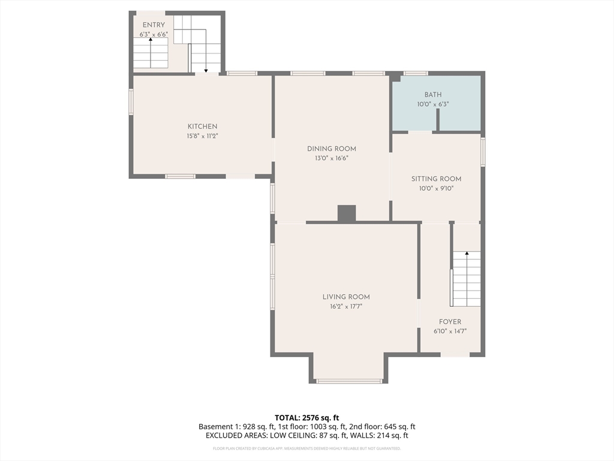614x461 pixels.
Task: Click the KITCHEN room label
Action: (x=202, y=126)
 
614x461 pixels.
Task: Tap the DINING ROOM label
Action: (x=331, y=149)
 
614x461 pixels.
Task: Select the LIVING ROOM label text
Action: (x=346, y=297)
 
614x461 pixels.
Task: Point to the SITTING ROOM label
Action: (x=437, y=179)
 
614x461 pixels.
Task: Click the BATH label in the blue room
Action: (x=433, y=94)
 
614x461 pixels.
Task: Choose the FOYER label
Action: (x=450, y=322)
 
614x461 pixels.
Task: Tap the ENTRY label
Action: (x=153, y=25)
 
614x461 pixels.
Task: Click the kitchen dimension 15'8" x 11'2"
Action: (x=202, y=136)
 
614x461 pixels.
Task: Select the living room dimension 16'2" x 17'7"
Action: (x=346, y=307)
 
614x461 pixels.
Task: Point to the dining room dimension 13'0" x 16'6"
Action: (x=331, y=158)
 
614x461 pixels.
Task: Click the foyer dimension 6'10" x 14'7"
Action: (x=450, y=331)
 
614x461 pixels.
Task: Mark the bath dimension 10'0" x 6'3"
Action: (x=433, y=104)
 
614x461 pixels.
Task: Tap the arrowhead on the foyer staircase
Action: (x=466, y=253)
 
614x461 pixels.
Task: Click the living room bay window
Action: (x=350, y=381)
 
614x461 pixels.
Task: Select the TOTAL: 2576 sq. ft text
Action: (x=306, y=418)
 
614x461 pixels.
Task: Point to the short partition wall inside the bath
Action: (x=438, y=119)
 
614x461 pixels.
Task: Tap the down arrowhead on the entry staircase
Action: (x=206, y=71)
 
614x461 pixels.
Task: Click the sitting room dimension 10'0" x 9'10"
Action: (x=437, y=188)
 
